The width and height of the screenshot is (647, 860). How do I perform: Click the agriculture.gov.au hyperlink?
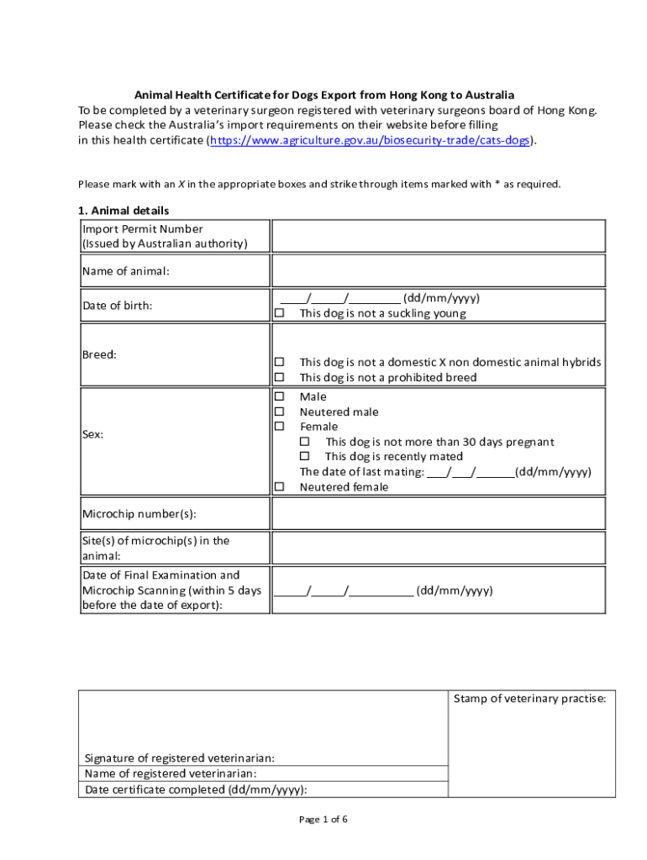(x=370, y=140)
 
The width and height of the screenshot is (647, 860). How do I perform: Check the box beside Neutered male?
(x=280, y=412)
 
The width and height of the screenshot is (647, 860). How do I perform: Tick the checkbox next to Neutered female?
(x=280, y=487)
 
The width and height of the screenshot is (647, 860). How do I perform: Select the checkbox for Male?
(x=280, y=396)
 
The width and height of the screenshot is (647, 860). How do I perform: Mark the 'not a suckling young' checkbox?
(x=280, y=313)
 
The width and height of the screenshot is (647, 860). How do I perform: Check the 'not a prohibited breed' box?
(x=280, y=377)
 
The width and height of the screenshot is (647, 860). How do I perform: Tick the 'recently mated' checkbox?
(x=305, y=457)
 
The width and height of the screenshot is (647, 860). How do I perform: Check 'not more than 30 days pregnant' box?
(x=305, y=442)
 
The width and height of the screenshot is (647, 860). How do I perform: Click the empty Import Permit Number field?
(x=438, y=236)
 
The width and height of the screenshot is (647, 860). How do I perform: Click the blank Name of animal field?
(x=438, y=270)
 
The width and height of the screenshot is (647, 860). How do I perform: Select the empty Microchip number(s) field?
(x=438, y=513)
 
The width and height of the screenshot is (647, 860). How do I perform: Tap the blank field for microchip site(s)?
(x=438, y=548)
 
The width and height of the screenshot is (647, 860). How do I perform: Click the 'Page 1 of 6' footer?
(x=323, y=820)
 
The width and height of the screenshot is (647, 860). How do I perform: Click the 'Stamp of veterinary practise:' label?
(x=529, y=699)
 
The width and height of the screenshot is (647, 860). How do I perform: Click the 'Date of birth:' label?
(x=117, y=306)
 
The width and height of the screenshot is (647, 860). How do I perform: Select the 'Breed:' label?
(x=99, y=354)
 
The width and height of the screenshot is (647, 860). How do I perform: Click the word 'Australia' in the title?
(x=487, y=95)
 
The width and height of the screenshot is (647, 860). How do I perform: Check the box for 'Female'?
(x=280, y=427)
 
